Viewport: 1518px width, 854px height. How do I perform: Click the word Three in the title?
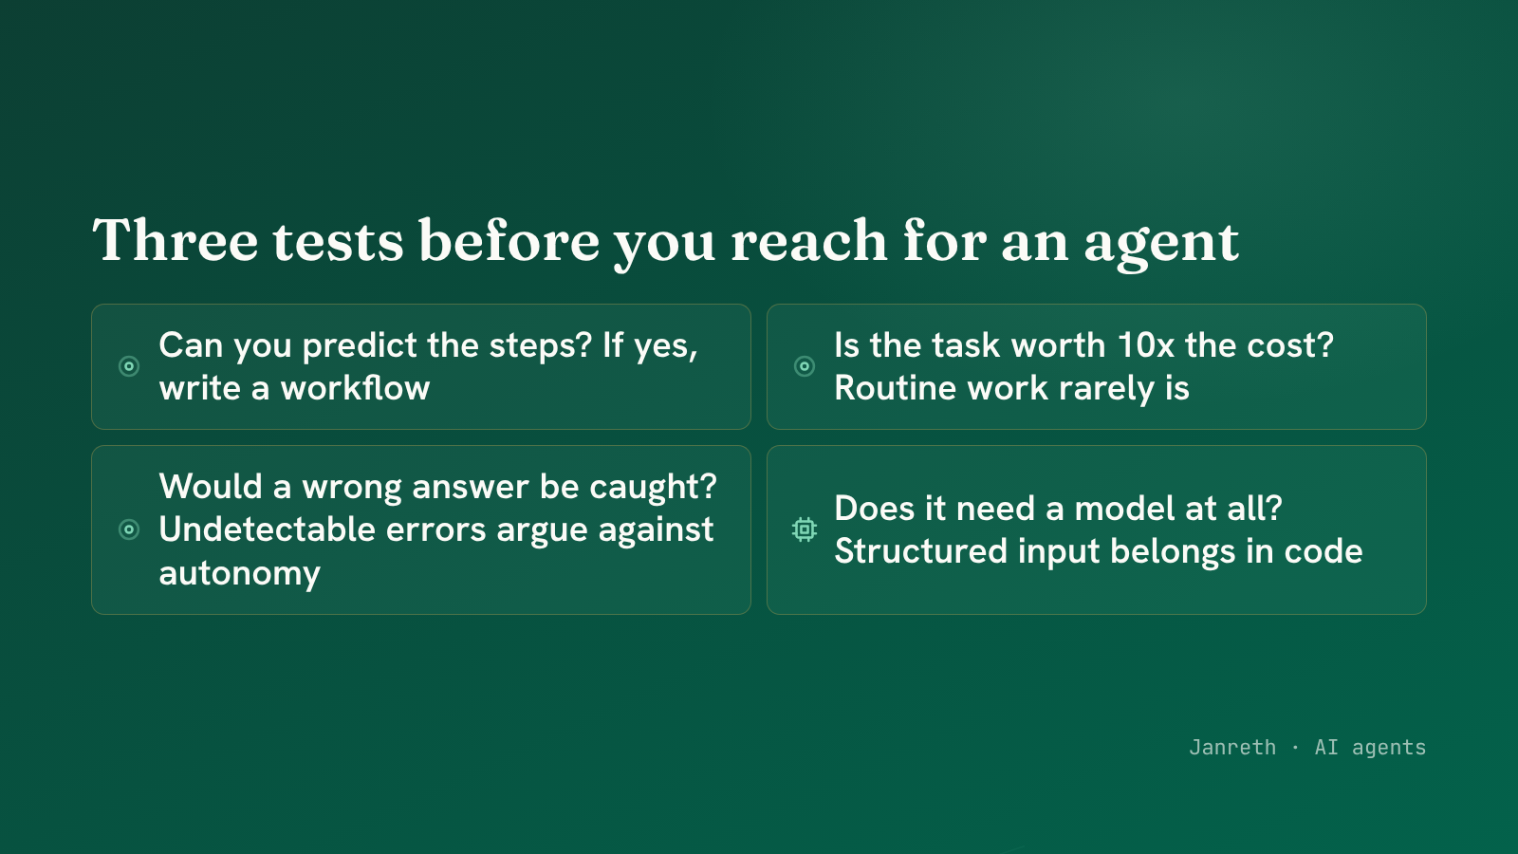tap(175, 241)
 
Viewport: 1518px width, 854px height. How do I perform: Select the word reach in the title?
tap(809, 241)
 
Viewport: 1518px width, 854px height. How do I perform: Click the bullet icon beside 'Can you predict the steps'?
tap(129, 366)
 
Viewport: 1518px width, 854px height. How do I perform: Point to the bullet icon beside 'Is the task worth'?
tap(805, 366)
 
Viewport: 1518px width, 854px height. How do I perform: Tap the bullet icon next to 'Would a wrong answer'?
tap(129, 529)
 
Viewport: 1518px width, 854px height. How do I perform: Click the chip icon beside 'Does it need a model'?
tap(805, 529)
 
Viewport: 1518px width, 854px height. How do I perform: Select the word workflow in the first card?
tap(355, 388)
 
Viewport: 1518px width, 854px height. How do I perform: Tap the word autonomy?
tap(239, 573)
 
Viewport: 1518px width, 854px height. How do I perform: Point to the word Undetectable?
tap(267, 529)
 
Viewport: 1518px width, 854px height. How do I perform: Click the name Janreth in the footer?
tap(1232, 748)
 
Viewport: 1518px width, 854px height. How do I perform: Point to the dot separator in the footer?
tap(1295, 749)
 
